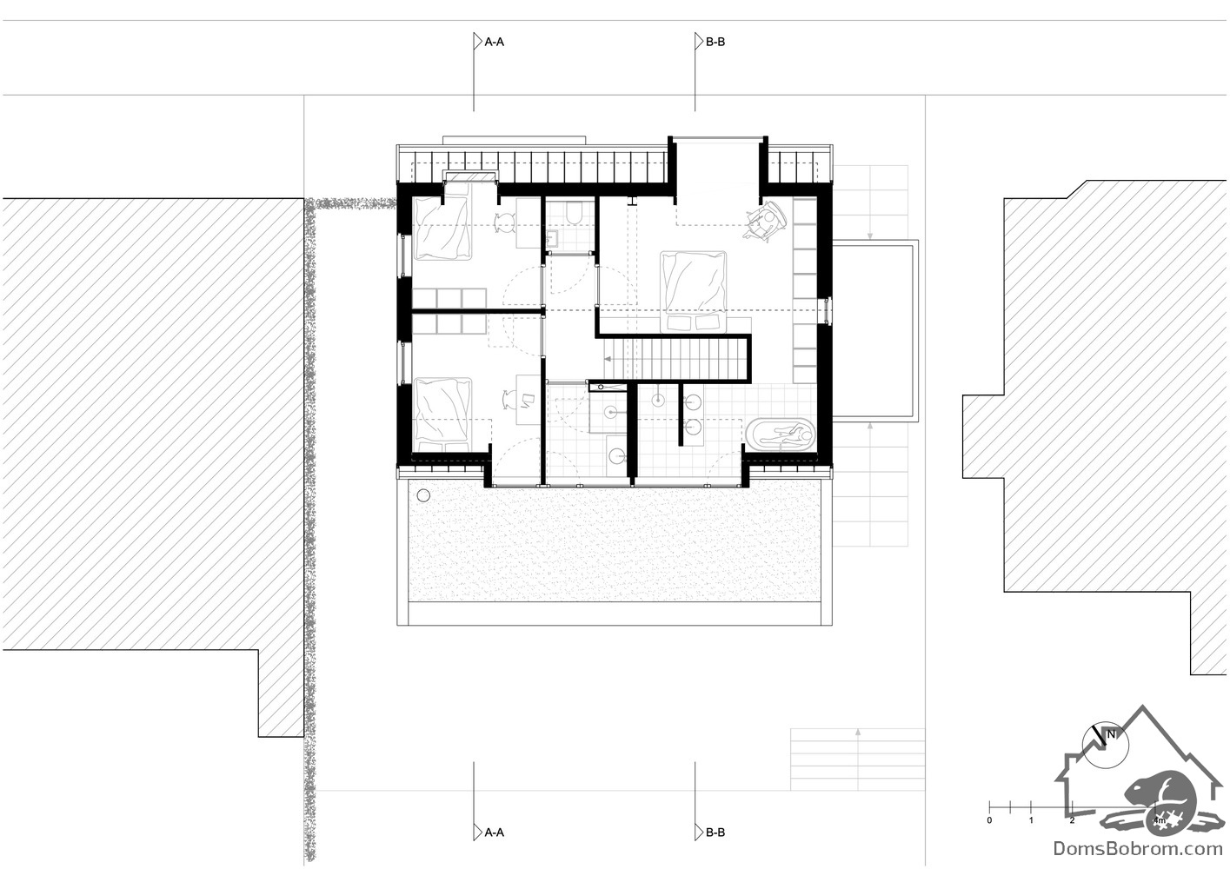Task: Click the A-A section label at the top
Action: pyautogui.click(x=495, y=42)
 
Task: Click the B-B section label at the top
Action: pyautogui.click(x=715, y=42)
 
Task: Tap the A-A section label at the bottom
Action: pyautogui.click(x=495, y=833)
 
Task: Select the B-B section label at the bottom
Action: pyautogui.click(x=715, y=833)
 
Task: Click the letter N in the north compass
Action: pyautogui.click(x=1112, y=734)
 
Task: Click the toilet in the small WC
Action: pyautogui.click(x=574, y=214)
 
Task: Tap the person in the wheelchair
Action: pyautogui.click(x=765, y=220)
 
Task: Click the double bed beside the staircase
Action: pyautogui.click(x=693, y=291)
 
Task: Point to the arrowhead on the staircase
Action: pyautogui.click(x=608, y=359)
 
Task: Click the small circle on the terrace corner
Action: pyautogui.click(x=422, y=495)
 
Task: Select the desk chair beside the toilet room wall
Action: pyautogui.click(x=505, y=222)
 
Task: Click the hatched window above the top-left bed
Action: pyautogui.click(x=470, y=176)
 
